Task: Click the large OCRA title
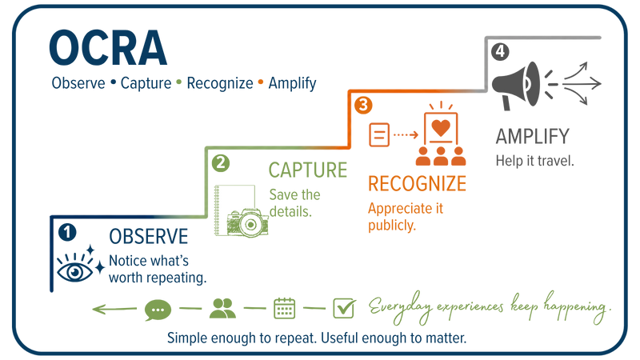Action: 108,48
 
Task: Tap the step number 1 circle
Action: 67,232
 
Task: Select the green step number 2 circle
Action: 221,163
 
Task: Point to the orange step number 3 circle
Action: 363,105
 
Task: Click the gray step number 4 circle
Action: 500,52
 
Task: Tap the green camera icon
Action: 248,223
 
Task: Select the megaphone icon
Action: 515,85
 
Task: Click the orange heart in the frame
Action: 441,128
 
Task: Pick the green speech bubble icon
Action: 158,310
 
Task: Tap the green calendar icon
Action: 285,308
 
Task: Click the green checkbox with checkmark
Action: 344,308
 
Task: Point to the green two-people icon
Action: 222,308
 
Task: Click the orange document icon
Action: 379,134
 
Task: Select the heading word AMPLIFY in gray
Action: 532,136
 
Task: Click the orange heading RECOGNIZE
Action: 417,184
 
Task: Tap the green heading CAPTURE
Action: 308,170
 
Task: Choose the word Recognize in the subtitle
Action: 220,83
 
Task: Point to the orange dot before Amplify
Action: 261,82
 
